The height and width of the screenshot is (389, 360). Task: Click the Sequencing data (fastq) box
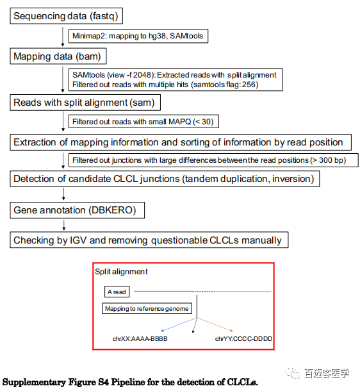coord(66,16)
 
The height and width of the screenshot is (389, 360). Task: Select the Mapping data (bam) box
coord(58,56)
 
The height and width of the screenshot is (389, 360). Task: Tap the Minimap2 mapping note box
coord(138,36)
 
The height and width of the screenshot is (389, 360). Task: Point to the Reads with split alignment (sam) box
coord(85,103)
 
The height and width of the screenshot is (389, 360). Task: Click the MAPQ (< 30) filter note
coord(143,121)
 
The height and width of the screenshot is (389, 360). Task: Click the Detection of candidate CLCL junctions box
coord(165,179)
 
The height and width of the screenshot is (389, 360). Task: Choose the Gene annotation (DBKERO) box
coord(77,210)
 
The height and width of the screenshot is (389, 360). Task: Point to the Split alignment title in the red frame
coord(121,272)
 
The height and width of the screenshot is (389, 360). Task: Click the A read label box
coord(117,292)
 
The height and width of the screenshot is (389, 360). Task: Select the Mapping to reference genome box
coord(147,308)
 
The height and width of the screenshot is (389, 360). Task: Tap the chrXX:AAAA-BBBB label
coord(140,338)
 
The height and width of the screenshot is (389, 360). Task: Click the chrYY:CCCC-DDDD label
coord(243,338)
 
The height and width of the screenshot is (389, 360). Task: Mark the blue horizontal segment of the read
coord(163,291)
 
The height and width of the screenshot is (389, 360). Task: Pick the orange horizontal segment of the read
coord(241,292)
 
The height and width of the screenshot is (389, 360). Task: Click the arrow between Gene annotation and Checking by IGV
coord(64,225)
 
